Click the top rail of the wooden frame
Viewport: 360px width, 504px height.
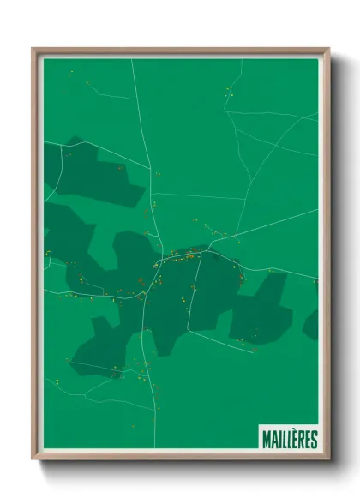click(180, 51)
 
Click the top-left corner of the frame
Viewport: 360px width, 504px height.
click(35, 51)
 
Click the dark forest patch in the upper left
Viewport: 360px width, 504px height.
click(99, 176)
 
